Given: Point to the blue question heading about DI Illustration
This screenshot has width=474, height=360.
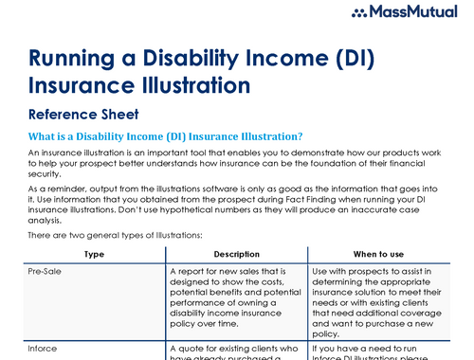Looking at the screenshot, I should click(166, 136).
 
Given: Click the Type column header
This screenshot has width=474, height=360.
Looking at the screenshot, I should click(94, 254).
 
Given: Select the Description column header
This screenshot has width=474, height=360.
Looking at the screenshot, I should click(236, 254).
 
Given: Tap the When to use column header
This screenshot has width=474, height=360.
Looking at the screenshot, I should click(378, 254).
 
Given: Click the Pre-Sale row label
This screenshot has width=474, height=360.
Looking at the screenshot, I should click(49, 270).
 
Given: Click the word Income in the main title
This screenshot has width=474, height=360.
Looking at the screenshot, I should click(290, 58).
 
